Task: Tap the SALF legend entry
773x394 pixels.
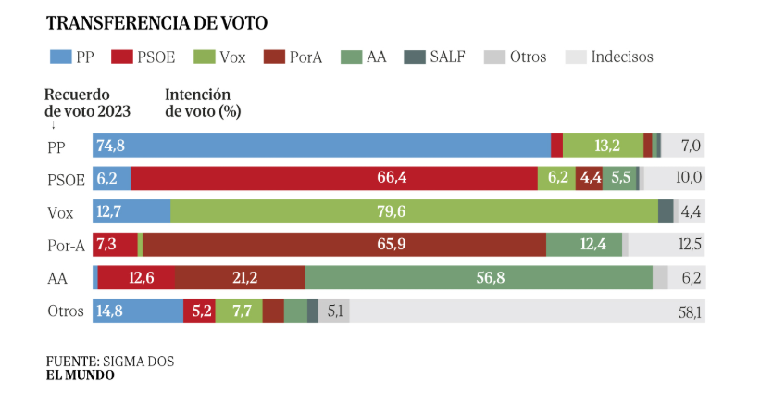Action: tap(434, 57)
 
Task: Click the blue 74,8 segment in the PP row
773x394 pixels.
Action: tap(321, 145)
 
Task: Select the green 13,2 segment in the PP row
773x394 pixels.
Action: tap(603, 145)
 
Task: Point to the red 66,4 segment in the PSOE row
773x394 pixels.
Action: tap(334, 178)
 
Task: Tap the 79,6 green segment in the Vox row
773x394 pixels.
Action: tap(414, 211)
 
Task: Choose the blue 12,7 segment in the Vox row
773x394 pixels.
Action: tap(131, 211)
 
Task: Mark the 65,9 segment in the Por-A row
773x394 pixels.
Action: tap(343, 245)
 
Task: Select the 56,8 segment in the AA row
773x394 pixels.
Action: tap(479, 278)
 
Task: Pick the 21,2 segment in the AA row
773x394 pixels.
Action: tap(240, 278)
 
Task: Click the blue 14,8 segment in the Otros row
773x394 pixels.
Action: tap(137, 311)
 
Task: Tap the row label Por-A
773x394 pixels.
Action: tap(66, 245)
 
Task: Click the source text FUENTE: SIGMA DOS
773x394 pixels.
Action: tap(109, 361)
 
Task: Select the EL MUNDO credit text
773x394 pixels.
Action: tap(81, 375)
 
